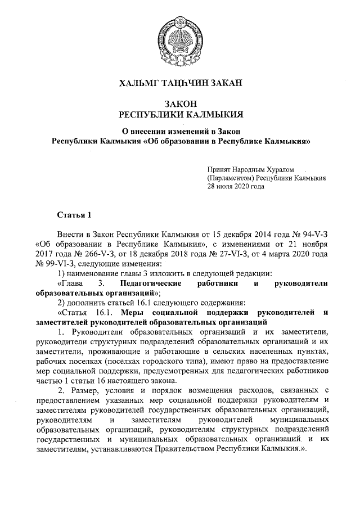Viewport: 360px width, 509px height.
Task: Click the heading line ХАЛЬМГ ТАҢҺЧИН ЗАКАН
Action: click(x=180, y=84)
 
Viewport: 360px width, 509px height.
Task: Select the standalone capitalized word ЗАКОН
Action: click(x=180, y=104)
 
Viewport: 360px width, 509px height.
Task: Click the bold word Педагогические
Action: click(x=150, y=284)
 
